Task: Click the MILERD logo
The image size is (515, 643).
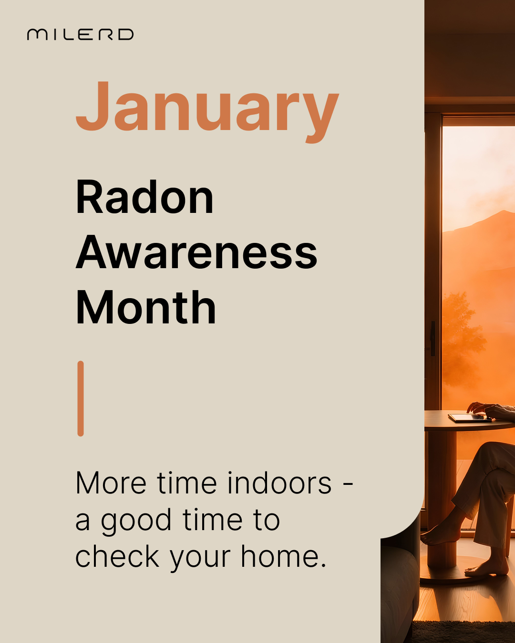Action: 80,34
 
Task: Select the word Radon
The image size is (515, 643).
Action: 144,197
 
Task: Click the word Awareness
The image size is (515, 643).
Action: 196,252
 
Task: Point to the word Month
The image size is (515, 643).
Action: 146,307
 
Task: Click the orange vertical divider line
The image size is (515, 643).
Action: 81,398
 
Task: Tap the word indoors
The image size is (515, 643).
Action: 279,483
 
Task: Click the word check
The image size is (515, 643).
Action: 117,555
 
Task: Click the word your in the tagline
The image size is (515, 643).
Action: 200,558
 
